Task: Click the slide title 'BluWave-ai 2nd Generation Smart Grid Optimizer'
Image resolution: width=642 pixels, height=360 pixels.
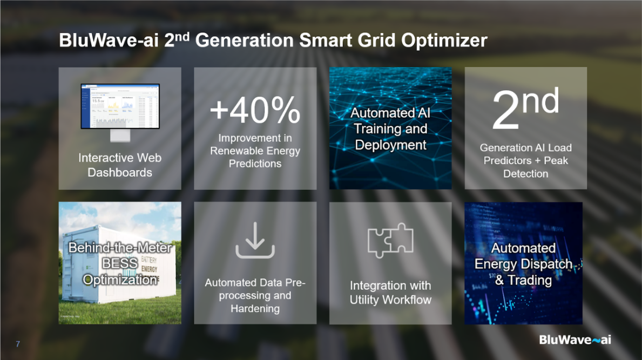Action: click(273, 41)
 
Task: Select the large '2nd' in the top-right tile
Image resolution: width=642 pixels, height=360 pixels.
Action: click(525, 111)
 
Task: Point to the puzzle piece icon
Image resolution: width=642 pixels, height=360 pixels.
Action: click(390, 240)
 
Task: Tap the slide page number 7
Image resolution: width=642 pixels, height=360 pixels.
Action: click(18, 344)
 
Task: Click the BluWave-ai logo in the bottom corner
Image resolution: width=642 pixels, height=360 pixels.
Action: click(575, 339)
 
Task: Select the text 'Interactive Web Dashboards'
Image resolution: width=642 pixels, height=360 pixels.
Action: click(120, 165)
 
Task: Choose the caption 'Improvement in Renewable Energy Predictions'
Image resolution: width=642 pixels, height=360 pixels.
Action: click(255, 151)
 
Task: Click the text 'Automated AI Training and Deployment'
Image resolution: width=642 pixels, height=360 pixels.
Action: click(390, 129)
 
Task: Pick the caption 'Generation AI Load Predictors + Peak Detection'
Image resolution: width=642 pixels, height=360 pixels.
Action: click(525, 160)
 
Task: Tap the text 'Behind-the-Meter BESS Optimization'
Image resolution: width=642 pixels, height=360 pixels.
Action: click(120, 264)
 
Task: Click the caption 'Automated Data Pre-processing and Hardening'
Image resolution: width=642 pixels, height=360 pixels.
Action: click(255, 296)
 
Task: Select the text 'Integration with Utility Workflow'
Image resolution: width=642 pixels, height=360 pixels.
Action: click(390, 293)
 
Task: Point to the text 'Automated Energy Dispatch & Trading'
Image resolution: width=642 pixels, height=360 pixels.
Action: click(523, 264)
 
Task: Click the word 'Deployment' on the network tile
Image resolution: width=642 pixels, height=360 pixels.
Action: click(390, 145)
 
